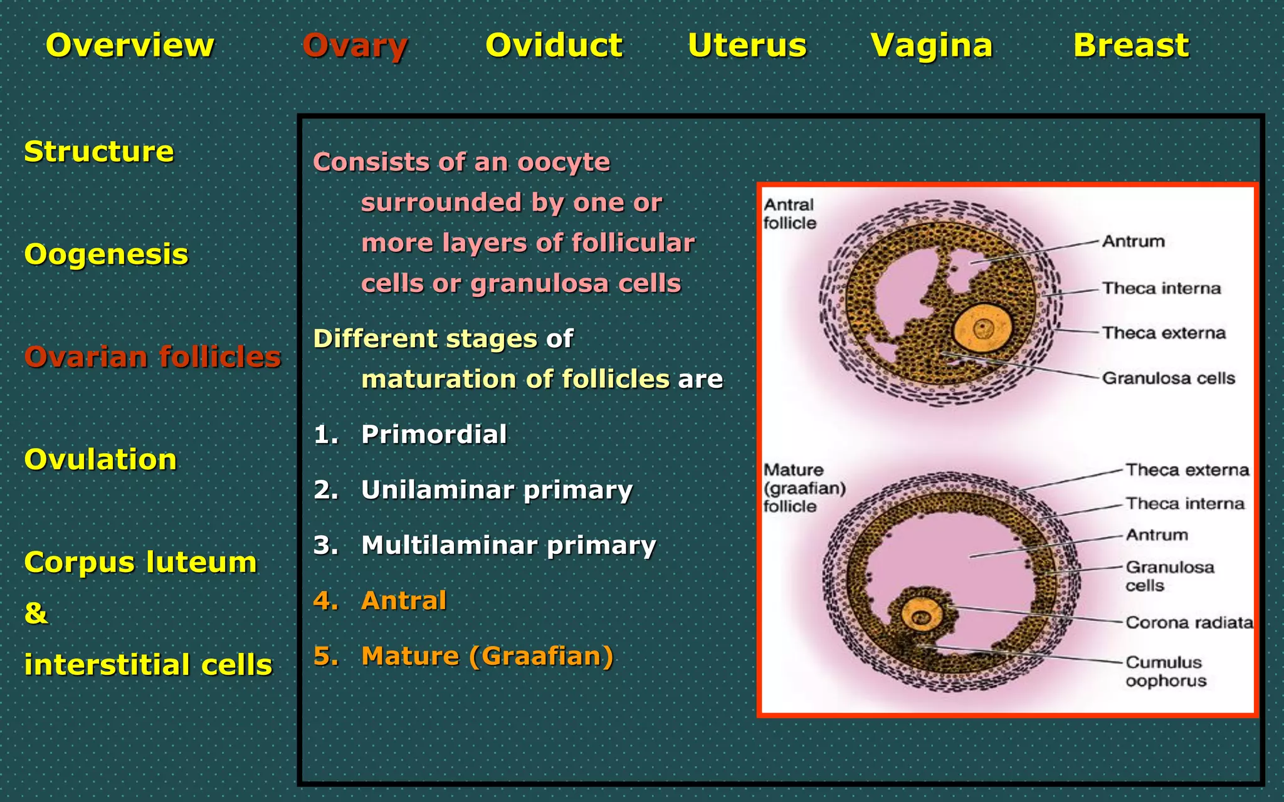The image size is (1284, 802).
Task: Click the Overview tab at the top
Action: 130,46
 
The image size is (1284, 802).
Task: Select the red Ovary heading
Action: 355,46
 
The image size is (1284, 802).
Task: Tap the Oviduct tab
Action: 554,46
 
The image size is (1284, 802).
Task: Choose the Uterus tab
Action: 747,46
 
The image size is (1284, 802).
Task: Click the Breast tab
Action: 1130,46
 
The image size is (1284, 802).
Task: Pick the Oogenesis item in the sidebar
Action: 106,254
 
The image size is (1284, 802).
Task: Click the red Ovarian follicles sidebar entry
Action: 152,357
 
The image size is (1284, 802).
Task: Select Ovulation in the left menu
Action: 100,460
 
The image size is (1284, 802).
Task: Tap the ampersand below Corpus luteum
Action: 36,613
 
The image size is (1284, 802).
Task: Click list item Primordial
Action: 433,435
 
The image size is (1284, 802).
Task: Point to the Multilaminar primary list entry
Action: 508,545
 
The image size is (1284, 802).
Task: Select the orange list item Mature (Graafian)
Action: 487,656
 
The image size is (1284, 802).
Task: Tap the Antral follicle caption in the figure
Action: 789,214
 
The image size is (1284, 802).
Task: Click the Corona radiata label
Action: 1189,623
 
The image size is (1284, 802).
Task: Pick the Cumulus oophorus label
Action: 1165,671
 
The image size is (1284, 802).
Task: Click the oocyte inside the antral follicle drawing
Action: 982,328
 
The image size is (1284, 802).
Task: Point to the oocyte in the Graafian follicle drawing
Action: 921,617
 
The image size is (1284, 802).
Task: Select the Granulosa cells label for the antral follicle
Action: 1168,378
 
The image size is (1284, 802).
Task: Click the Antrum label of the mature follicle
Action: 1157,535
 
